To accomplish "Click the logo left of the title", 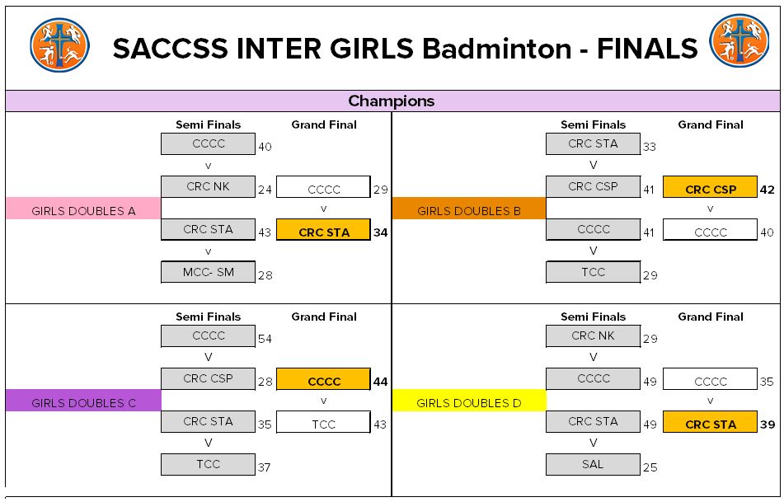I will pos(59,45).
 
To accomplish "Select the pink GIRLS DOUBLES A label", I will pos(83,210).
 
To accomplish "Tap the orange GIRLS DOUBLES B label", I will pos(468,210).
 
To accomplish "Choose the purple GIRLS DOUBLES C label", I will pos(83,402).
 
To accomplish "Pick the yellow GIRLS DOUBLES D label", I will pos(468,402).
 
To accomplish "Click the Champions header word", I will pos(391,101).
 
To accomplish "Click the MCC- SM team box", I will pos(209,272).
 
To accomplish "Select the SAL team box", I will pos(593,464).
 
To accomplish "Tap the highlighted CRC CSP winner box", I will pos(710,189).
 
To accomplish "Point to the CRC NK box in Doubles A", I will pos(209,186).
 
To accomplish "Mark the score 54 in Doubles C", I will pos(265,339).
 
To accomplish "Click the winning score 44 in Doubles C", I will pos(379,382).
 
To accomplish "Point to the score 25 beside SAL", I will pos(650,467).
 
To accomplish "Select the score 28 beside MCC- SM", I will pos(265,275).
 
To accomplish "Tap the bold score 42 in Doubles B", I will pos(767,189).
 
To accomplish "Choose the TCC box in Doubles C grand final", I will pos(323,424).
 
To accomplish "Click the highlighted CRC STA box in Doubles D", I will pos(710,424).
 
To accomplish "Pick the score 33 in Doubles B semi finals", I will pos(650,147).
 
